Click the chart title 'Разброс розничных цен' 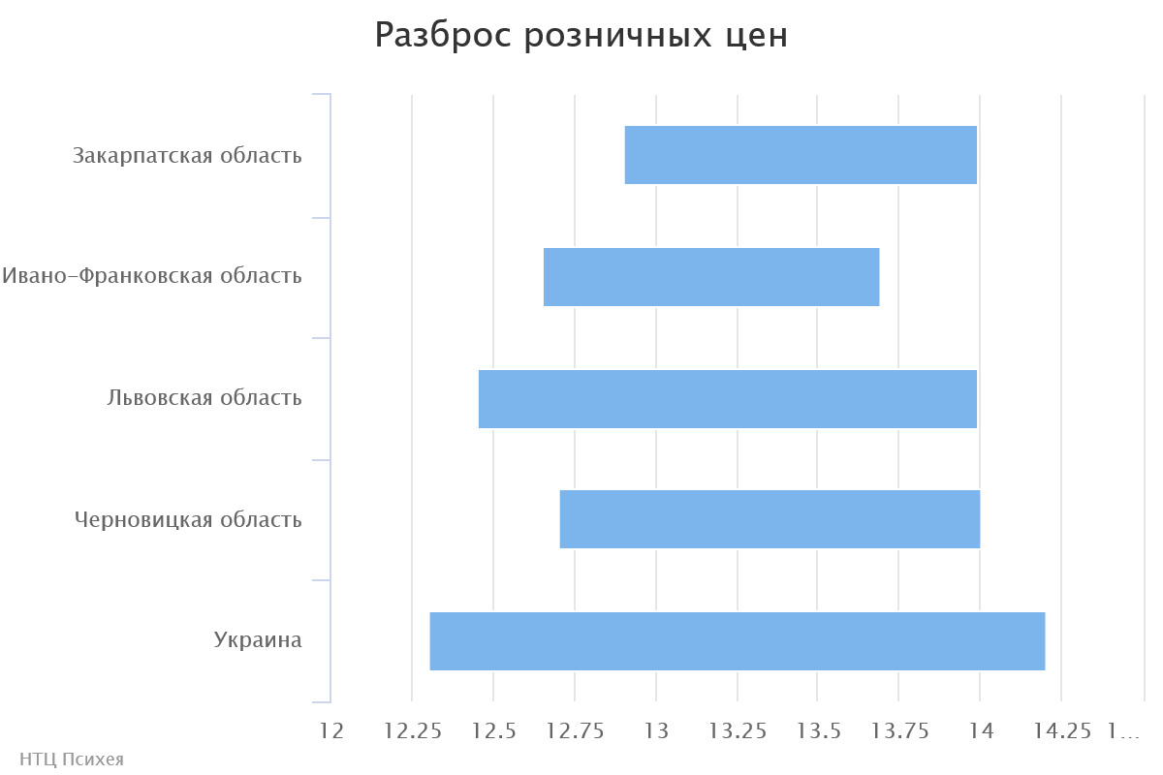tap(581, 36)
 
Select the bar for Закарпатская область tap(801, 155)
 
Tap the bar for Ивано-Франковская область tap(711, 277)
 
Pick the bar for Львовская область tap(728, 398)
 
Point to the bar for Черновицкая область tap(770, 519)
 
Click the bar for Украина tap(738, 640)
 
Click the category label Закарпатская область tap(187, 155)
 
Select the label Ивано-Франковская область tap(152, 276)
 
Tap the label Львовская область tap(204, 397)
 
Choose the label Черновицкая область tap(188, 519)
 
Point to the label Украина tap(258, 640)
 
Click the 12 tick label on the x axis tap(331, 731)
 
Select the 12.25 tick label tap(413, 731)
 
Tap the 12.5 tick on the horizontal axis tap(493, 731)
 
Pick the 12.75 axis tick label tap(575, 731)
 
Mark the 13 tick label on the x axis tap(656, 731)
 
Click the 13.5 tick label tap(818, 731)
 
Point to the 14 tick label tap(980, 731)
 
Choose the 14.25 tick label tap(1061, 731)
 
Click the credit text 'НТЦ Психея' tap(72, 759)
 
